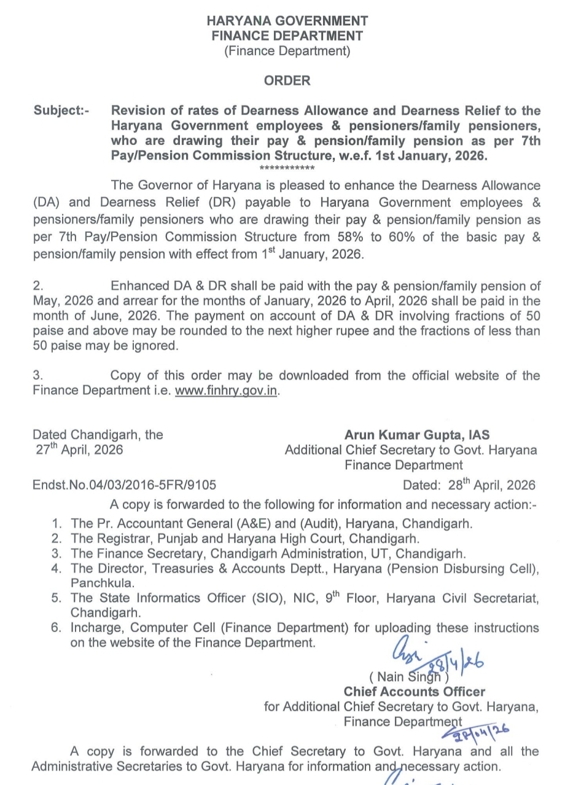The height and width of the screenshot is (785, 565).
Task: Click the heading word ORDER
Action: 287,80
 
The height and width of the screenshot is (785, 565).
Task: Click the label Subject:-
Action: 61,111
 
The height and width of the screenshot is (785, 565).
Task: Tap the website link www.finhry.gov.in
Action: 227,390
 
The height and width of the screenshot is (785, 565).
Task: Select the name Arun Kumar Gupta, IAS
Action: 417,435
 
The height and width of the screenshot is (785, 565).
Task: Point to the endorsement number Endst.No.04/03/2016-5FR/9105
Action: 125,485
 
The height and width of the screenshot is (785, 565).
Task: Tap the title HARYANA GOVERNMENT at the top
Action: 287,21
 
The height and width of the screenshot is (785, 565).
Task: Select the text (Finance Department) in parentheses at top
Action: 287,51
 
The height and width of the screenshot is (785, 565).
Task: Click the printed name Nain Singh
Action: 409,677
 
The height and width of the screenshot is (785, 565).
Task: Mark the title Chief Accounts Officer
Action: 415,692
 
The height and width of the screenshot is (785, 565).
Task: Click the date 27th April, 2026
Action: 79,450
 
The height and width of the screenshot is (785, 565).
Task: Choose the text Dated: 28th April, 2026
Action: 469,485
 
